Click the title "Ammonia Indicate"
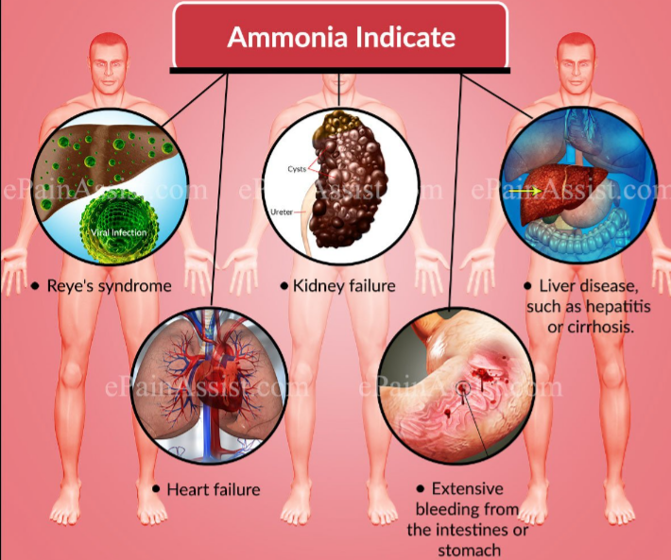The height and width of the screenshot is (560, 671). (341, 37)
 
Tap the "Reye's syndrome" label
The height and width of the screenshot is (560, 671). (109, 285)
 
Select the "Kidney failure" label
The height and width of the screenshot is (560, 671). (344, 285)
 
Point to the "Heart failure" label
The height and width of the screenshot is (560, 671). (213, 489)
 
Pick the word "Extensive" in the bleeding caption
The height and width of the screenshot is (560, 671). (467, 488)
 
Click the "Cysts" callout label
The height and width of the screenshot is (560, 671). (297, 169)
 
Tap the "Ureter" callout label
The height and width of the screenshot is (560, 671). (281, 212)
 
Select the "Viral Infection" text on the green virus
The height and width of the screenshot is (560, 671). (118, 232)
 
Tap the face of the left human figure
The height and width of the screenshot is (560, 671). (109, 64)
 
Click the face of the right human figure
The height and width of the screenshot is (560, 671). (576, 64)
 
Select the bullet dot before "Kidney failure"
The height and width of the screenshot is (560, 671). (284, 285)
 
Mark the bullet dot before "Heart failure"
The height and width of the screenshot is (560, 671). (156, 488)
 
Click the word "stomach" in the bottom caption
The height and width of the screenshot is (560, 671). (469, 551)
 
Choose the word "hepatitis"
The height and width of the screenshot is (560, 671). (618, 307)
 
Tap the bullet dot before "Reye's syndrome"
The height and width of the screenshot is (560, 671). (36, 285)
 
